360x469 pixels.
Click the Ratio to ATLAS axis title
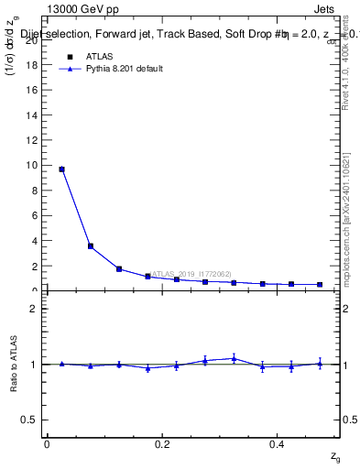click(x=14, y=364)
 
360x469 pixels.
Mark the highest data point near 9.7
click(x=61, y=169)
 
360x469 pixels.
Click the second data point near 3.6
click(x=90, y=245)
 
